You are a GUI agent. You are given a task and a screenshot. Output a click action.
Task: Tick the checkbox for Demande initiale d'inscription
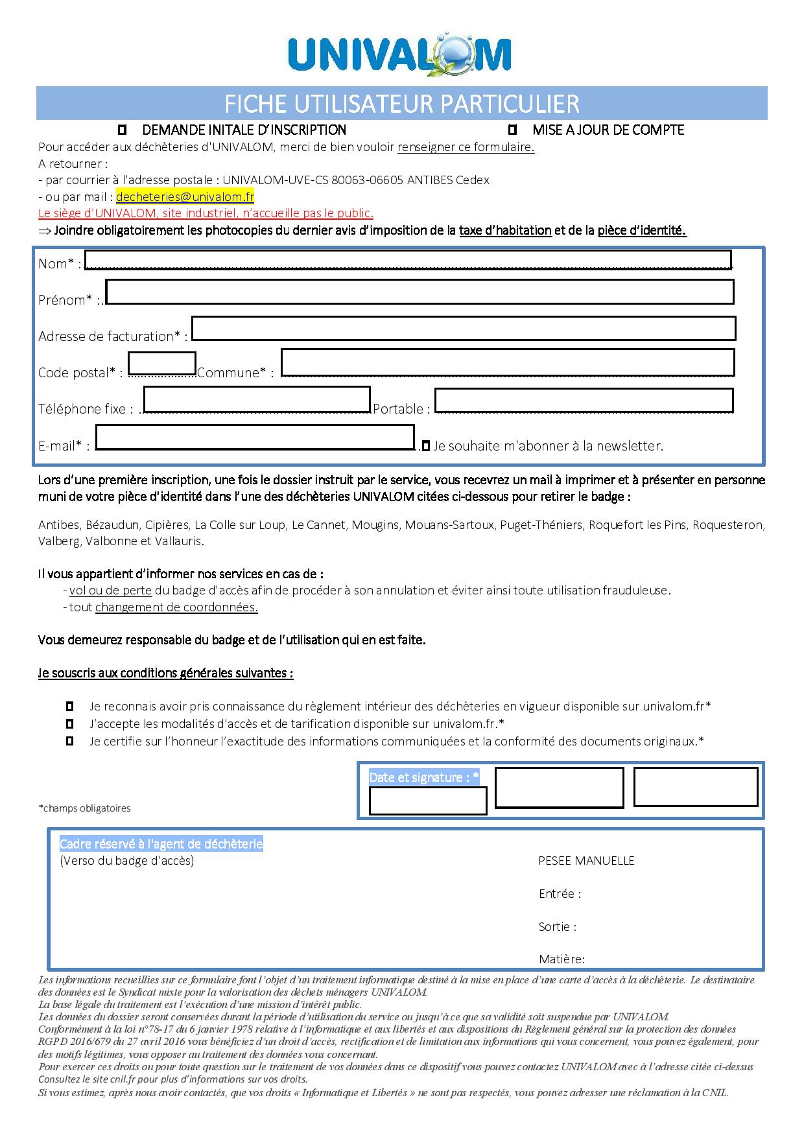[x=122, y=130]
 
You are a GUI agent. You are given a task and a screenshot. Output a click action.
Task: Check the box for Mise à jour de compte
[x=513, y=130]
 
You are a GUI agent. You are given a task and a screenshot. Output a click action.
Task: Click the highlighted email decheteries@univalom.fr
[x=185, y=196]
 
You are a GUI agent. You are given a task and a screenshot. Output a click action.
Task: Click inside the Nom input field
[x=408, y=259]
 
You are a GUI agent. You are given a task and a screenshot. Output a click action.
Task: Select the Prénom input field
[x=420, y=292]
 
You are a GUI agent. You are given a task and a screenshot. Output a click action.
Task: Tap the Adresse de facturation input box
[x=464, y=328]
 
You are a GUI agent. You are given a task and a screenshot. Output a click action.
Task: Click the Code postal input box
[x=162, y=364]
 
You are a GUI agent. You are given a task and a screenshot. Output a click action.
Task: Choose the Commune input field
[x=507, y=362]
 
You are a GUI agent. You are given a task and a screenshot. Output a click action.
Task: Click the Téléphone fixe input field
[x=257, y=399]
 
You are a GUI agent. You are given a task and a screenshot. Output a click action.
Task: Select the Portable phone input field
[x=584, y=400]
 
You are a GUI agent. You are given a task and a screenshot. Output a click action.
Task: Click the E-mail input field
[x=255, y=437]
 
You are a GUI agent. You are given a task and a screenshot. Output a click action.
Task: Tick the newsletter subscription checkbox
[x=425, y=446]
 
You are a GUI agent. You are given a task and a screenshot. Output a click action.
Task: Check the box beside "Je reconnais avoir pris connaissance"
[x=70, y=707]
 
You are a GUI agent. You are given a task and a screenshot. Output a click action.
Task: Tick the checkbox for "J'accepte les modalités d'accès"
[x=70, y=723]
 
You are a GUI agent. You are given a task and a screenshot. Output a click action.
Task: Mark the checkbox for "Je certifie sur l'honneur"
[x=70, y=741]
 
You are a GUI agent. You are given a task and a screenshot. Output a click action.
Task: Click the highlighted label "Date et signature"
[x=424, y=777]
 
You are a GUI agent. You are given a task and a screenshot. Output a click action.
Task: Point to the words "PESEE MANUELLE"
[x=586, y=861]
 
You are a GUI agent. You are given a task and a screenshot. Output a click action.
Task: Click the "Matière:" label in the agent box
[x=562, y=959]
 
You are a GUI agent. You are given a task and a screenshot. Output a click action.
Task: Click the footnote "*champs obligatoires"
[x=84, y=808]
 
